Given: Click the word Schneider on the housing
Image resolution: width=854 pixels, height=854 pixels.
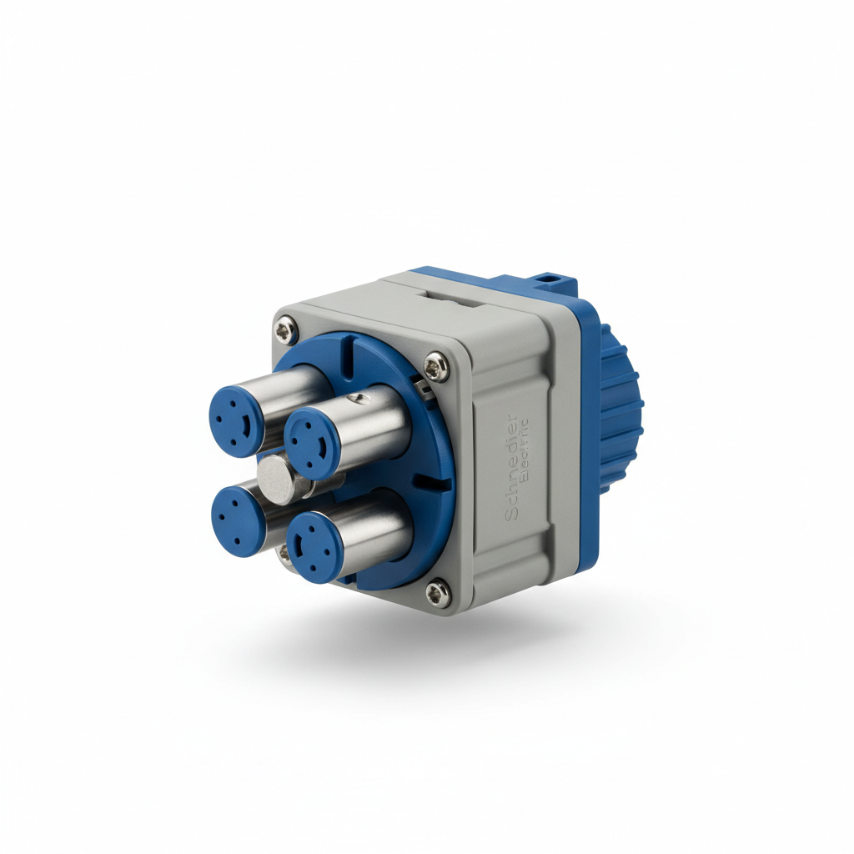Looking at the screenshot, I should (x=510, y=466).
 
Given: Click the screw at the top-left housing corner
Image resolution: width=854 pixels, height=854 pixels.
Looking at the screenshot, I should (x=286, y=331).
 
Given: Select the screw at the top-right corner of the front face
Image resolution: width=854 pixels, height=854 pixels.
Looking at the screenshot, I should (x=435, y=364).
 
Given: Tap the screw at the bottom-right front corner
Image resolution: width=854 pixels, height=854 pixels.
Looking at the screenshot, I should (x=436, y=593).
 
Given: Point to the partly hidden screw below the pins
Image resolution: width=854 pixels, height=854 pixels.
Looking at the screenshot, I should (x=285, y=552).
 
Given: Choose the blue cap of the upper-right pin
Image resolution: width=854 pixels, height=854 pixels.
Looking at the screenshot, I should (x=309, y=442).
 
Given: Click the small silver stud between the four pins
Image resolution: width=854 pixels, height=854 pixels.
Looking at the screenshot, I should (x=276, y=480).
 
